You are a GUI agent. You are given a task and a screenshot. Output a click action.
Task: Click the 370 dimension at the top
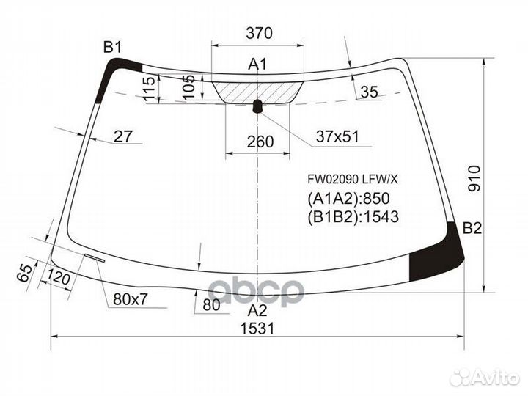point(259,33)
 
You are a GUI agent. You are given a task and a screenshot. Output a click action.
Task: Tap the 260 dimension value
point(260,142)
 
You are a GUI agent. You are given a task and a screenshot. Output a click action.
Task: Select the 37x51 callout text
point(337,136)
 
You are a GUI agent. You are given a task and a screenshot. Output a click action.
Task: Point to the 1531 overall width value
point(257,328)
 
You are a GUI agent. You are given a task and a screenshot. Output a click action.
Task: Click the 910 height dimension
point(474,178)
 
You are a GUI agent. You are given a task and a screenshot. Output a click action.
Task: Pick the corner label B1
point(112,48)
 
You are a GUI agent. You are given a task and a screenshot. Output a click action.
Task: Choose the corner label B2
point(472,228)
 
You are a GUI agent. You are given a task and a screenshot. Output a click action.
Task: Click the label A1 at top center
point(257,64)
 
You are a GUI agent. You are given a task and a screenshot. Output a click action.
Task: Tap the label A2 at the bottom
point(257,310)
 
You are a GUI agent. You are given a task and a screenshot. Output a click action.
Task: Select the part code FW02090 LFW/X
point(353,180)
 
